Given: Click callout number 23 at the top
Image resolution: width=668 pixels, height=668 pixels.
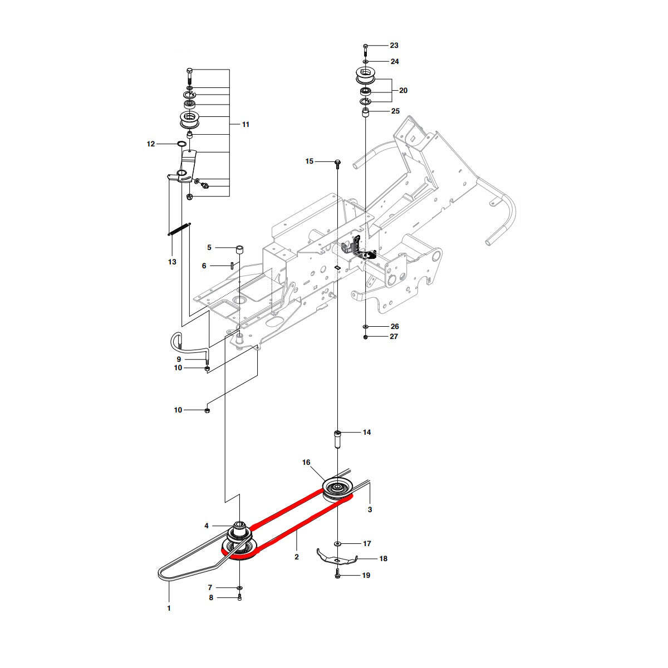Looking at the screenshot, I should coord(394,46).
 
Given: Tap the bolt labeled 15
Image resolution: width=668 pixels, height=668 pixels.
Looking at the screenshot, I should coord(338,162).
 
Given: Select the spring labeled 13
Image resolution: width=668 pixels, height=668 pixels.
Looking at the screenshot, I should coord(180,229).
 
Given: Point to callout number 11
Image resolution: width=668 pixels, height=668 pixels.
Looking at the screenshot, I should coord(245,125).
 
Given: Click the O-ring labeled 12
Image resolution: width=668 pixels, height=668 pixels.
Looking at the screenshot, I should coord(181,144).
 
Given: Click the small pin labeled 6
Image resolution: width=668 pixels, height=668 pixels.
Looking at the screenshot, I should coord(230,266).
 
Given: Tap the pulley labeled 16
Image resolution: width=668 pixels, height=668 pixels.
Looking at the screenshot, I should coord(337,488).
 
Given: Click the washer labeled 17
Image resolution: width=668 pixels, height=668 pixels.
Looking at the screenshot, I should coord(338,543).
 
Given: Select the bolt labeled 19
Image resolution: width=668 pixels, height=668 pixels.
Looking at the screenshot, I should coord(338,576).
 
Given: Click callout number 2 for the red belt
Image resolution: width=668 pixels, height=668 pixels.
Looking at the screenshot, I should coord(297,557).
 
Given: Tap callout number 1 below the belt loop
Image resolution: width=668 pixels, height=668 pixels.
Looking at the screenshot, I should coord(169,608).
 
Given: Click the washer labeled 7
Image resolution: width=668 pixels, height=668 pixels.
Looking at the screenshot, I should coord(239,588).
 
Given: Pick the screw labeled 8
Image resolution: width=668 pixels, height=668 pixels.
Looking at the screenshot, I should coord(239,598).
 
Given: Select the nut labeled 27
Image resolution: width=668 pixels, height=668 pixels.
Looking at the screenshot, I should coord(365,337).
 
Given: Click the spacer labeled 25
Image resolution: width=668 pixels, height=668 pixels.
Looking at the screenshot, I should coord(366,113).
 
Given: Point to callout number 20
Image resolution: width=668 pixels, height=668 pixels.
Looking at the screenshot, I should coord(403,90).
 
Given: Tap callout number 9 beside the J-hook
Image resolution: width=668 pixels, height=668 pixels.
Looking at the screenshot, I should coord(179,360).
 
